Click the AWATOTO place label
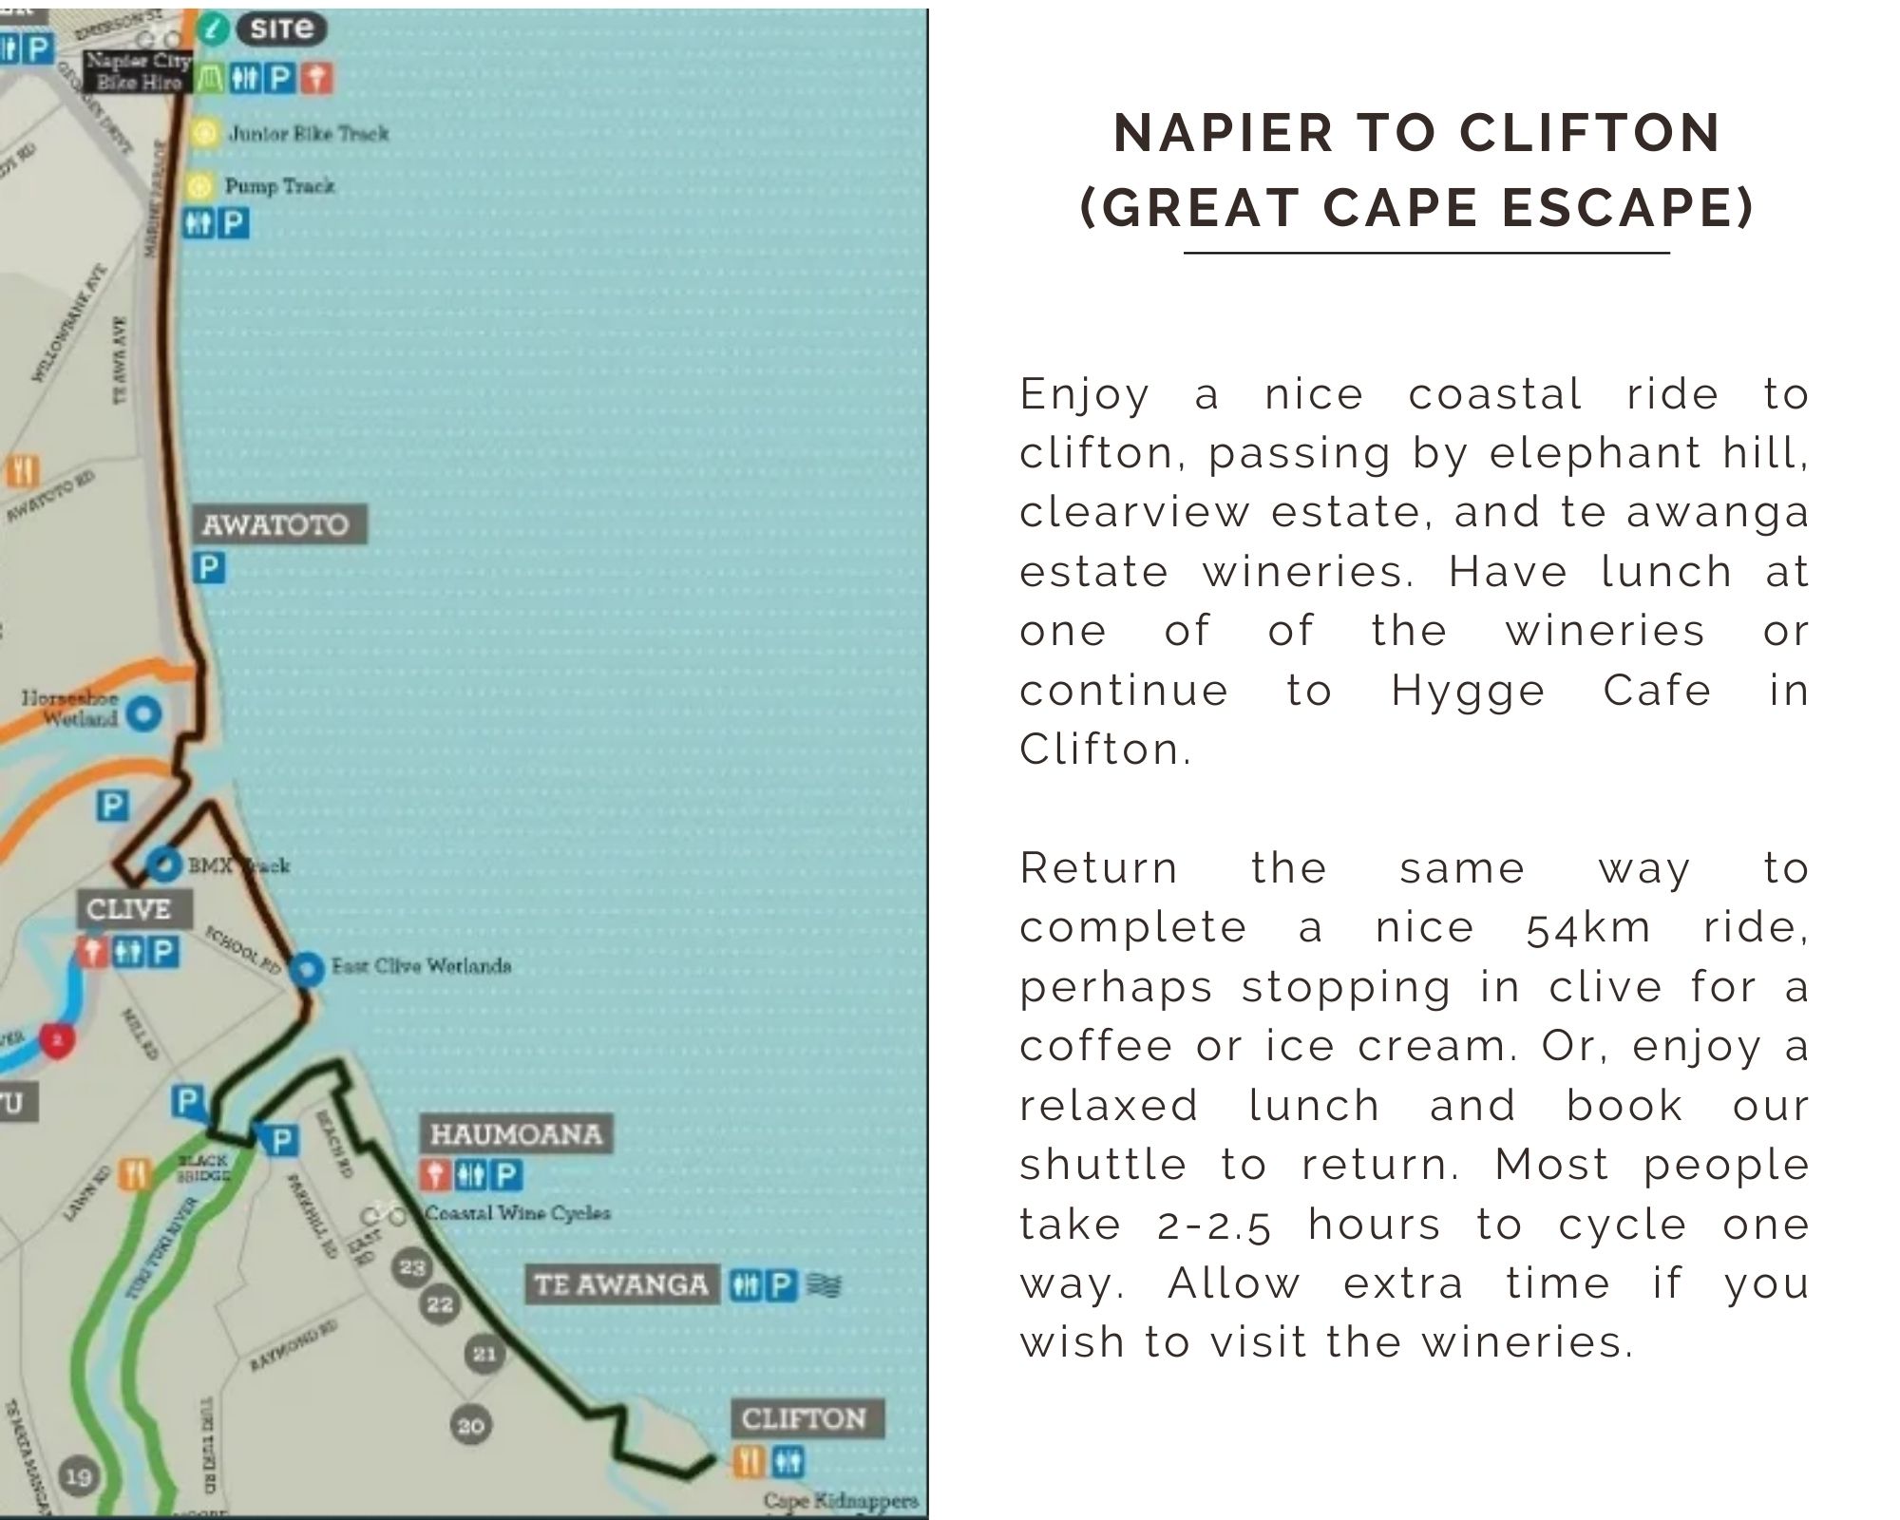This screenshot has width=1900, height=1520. point(275,524)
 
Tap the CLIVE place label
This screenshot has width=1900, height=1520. point(128,908)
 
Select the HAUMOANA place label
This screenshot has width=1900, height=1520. point(516,1134)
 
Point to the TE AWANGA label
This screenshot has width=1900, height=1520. point(621,1285)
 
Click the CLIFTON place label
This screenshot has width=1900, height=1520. point(804,1419)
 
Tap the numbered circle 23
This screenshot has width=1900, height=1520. point(412,1267)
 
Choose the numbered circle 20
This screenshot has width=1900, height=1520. point(471,1426)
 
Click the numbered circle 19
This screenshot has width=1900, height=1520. point(79,1476)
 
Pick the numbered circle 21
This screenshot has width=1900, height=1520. point(484,1354)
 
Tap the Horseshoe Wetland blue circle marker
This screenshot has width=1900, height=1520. point(143,712)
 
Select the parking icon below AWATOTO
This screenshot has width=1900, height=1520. point(209,568)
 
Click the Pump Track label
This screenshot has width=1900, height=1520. point(280,186)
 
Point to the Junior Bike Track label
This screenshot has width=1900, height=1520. point(309,134)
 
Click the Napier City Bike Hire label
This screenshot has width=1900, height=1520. point(139,72)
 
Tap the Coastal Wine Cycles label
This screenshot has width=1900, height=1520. point(518,1213)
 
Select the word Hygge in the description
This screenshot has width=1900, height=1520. point(1468,691)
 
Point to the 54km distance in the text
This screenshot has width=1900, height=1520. point(1588,928)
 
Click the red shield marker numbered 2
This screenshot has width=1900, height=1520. point(58,1040)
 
